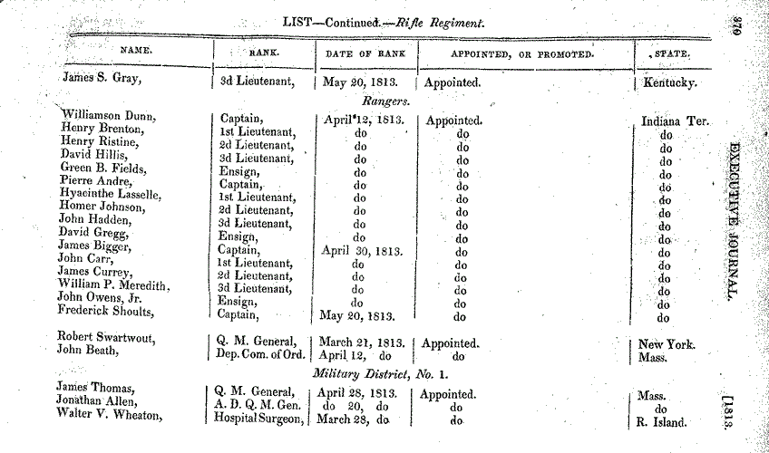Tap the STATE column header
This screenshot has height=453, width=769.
pos(670,54)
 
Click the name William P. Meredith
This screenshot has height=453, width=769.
pos(113,284)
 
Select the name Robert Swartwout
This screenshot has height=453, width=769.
pos(102,343)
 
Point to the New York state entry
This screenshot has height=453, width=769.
pos(667,344)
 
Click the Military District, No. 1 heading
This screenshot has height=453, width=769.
pos(381,375)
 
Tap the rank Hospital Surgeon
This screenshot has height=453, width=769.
pos(258,420)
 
